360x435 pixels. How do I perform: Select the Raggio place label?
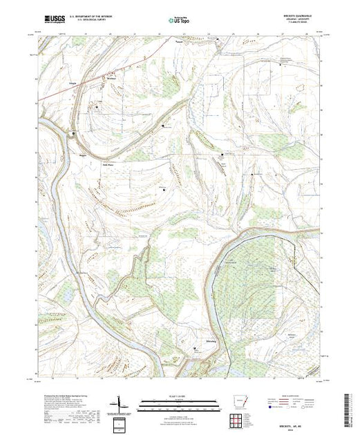point(82,156)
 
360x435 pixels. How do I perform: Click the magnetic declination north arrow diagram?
point(122,403)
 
